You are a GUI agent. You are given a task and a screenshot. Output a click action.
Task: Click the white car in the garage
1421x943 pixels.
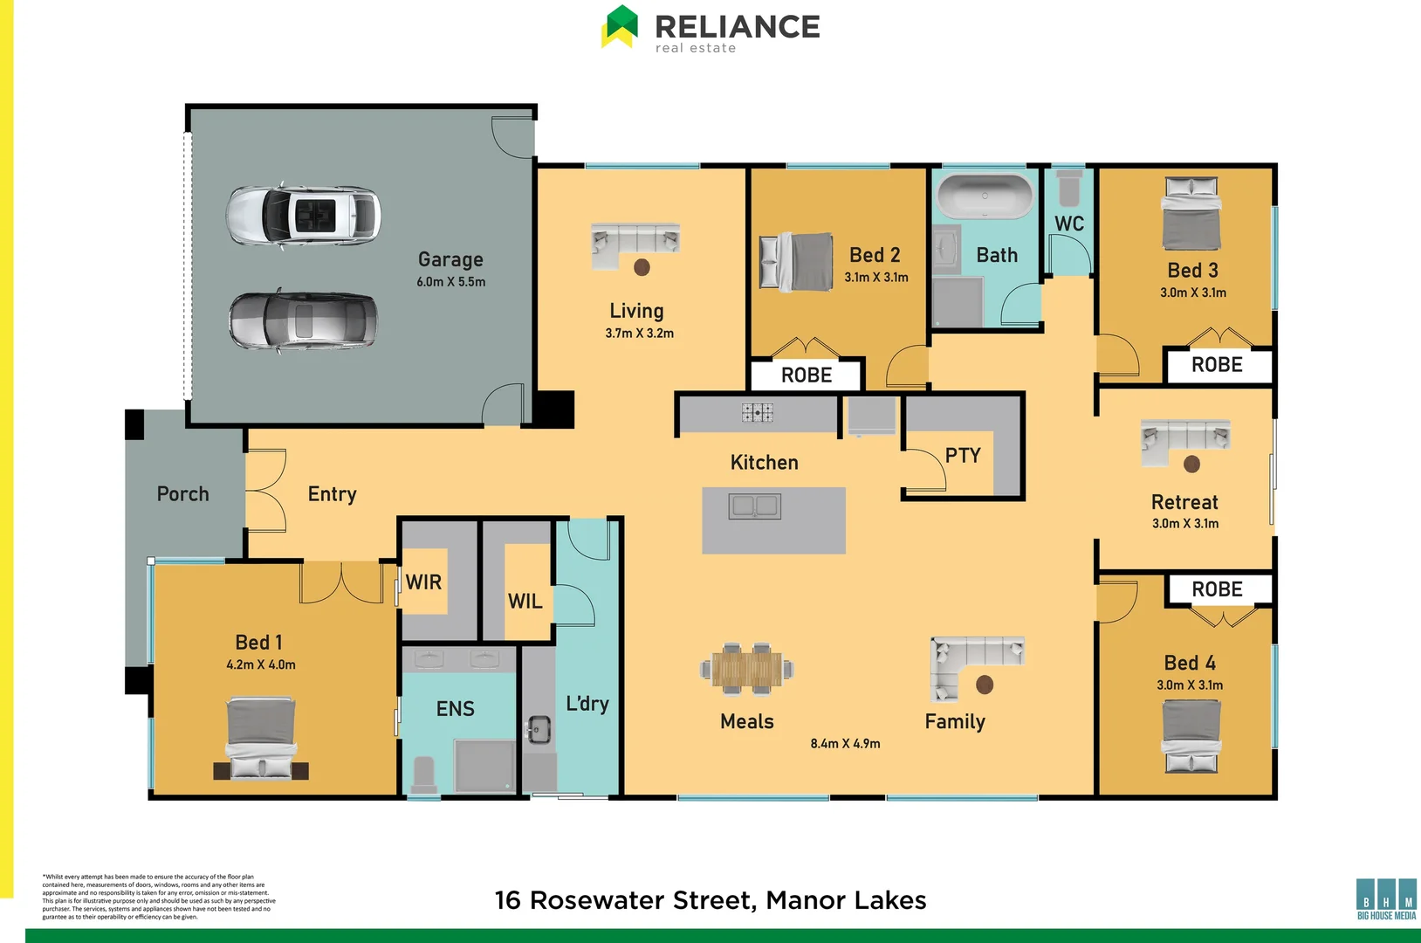click(303, 215)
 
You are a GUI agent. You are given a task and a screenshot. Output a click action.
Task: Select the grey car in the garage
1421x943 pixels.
click(303, 320)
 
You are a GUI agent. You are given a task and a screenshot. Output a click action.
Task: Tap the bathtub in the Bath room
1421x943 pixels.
click(985, 197)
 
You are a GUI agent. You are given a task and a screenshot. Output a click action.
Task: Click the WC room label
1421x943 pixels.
click(1069, 224)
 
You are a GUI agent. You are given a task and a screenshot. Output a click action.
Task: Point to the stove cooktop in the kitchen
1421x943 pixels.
click(757, 412)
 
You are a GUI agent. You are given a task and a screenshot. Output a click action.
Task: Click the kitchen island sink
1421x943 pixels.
click(755, 506)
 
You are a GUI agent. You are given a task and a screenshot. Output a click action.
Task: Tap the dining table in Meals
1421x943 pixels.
click(747, 670)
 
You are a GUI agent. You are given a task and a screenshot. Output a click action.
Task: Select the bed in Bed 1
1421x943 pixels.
click(260, 738)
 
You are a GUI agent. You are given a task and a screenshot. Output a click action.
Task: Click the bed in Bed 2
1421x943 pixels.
click(796, 261)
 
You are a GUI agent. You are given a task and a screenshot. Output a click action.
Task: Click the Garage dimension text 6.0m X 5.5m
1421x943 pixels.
click(450, 282)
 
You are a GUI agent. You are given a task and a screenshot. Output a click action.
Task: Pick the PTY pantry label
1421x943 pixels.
click(963, 455)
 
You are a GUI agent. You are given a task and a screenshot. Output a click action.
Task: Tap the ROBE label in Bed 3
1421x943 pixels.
click(1217, 365)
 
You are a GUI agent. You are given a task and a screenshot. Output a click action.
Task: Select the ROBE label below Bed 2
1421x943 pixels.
click(806, 375)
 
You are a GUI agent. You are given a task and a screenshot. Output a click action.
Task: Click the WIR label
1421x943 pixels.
click(423, 582)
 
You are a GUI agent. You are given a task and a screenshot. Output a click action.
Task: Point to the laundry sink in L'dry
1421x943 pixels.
click(539, 729)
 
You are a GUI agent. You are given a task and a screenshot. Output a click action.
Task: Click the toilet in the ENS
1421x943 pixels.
click(424, 774)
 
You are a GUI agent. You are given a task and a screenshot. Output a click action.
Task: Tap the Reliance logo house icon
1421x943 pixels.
click(620, 26)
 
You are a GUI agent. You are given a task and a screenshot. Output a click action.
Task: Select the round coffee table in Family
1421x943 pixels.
click(985, 685)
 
